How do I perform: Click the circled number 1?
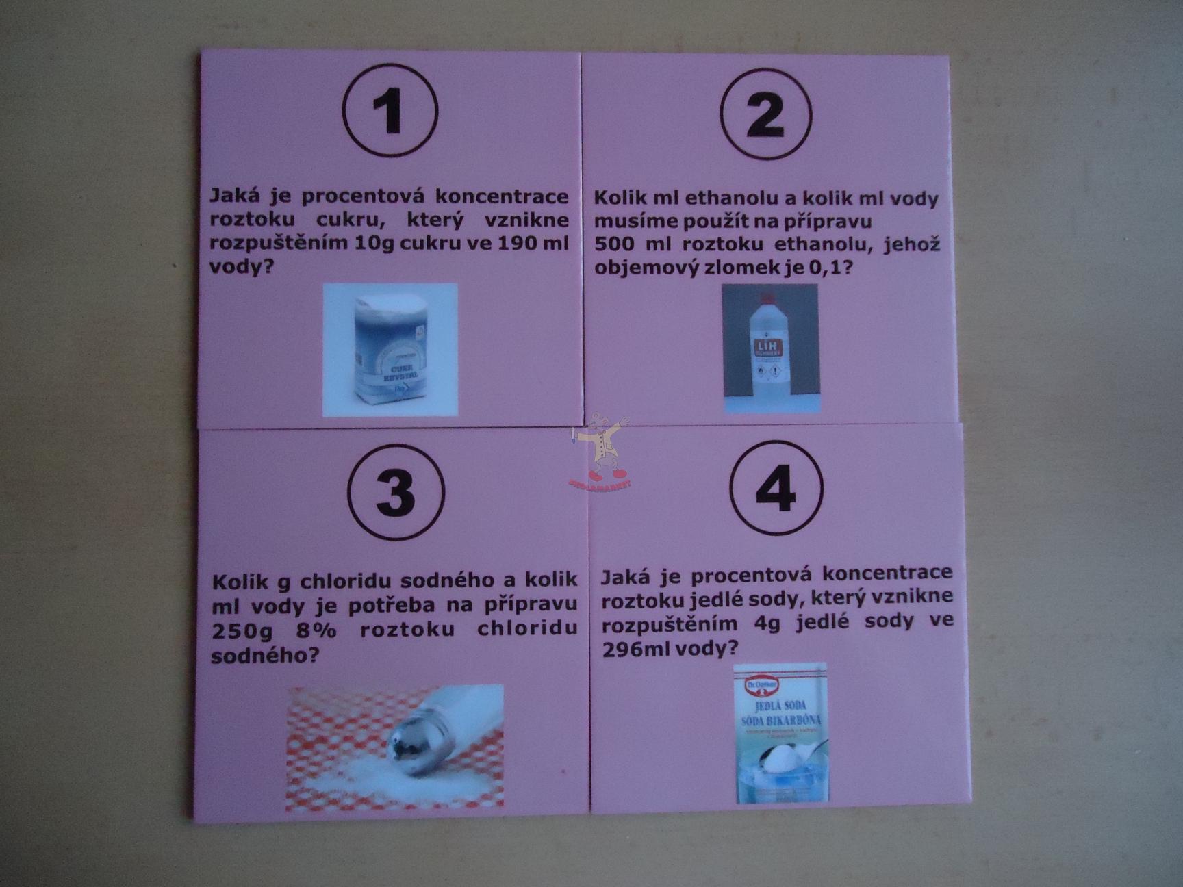[x=390, y=111]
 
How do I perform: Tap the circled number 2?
[x=765, y=114]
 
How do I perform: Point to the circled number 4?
[x=776, y=489]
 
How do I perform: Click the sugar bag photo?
[x=390, y=349]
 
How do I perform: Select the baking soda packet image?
[x=780, y=733]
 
